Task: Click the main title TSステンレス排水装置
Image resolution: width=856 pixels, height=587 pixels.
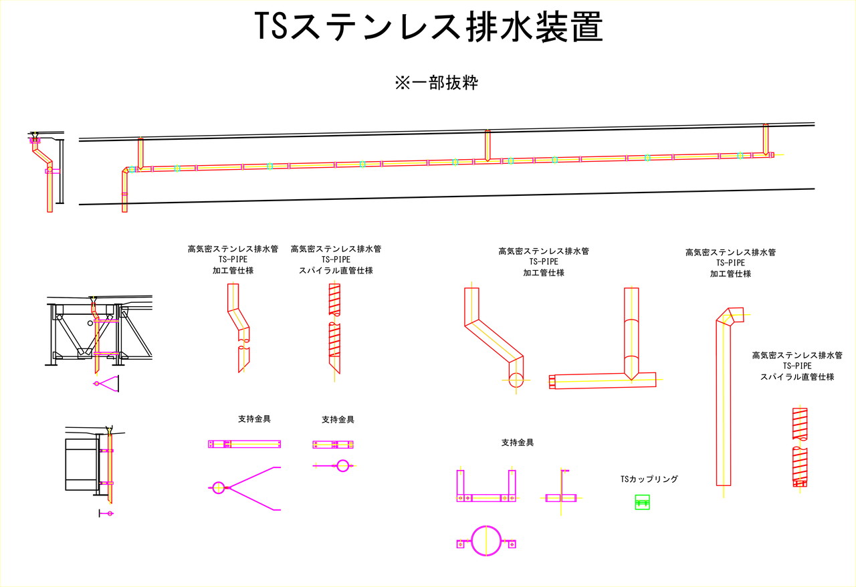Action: [429, 29]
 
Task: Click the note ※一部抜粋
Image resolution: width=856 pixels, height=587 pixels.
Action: [436, 83]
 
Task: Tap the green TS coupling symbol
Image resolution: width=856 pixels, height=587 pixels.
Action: [643, 503]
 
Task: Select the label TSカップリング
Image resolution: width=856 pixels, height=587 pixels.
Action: [649, 479]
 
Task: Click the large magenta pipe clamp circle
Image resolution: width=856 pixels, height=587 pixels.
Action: [486, 540]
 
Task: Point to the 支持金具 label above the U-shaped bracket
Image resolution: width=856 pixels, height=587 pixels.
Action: [517, 443]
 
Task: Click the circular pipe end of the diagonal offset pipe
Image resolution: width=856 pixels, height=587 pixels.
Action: [516, 380]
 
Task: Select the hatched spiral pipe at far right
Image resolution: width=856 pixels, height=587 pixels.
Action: [799, 447]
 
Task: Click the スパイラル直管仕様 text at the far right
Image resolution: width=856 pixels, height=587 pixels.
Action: [797, 377]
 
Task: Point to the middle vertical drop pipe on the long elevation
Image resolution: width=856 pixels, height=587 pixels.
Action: [488, 144]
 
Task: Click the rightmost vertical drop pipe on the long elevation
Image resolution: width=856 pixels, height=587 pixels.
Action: [766, 139]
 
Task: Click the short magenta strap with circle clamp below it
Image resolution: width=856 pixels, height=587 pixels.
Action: [334, 455]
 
